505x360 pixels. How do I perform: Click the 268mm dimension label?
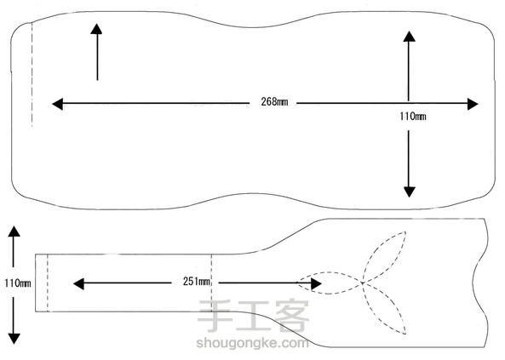point(274,102)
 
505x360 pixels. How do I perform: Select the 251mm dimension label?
point(197,282)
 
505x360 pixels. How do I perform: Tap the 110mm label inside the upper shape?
point(413,117)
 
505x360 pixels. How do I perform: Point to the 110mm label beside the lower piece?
point(18,283)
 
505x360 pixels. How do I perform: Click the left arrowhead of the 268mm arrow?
point(57,104)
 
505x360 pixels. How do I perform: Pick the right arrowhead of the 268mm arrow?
point(473,104)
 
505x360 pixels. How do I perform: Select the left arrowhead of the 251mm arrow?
point(78,283)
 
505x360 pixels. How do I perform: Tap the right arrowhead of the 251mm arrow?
point(316,283)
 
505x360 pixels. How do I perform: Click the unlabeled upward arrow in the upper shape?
point(96,52)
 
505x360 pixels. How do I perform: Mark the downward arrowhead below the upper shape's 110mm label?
point(410,191)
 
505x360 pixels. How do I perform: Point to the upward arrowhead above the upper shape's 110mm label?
point(409,37)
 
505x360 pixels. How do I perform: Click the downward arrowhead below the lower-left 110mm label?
point(14,339)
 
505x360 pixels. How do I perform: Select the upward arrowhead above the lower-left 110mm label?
point(14,231)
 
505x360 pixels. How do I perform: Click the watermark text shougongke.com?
point(252,343)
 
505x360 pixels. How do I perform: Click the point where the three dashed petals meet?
point(363,283)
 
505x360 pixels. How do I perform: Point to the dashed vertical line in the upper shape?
point(32,74)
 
